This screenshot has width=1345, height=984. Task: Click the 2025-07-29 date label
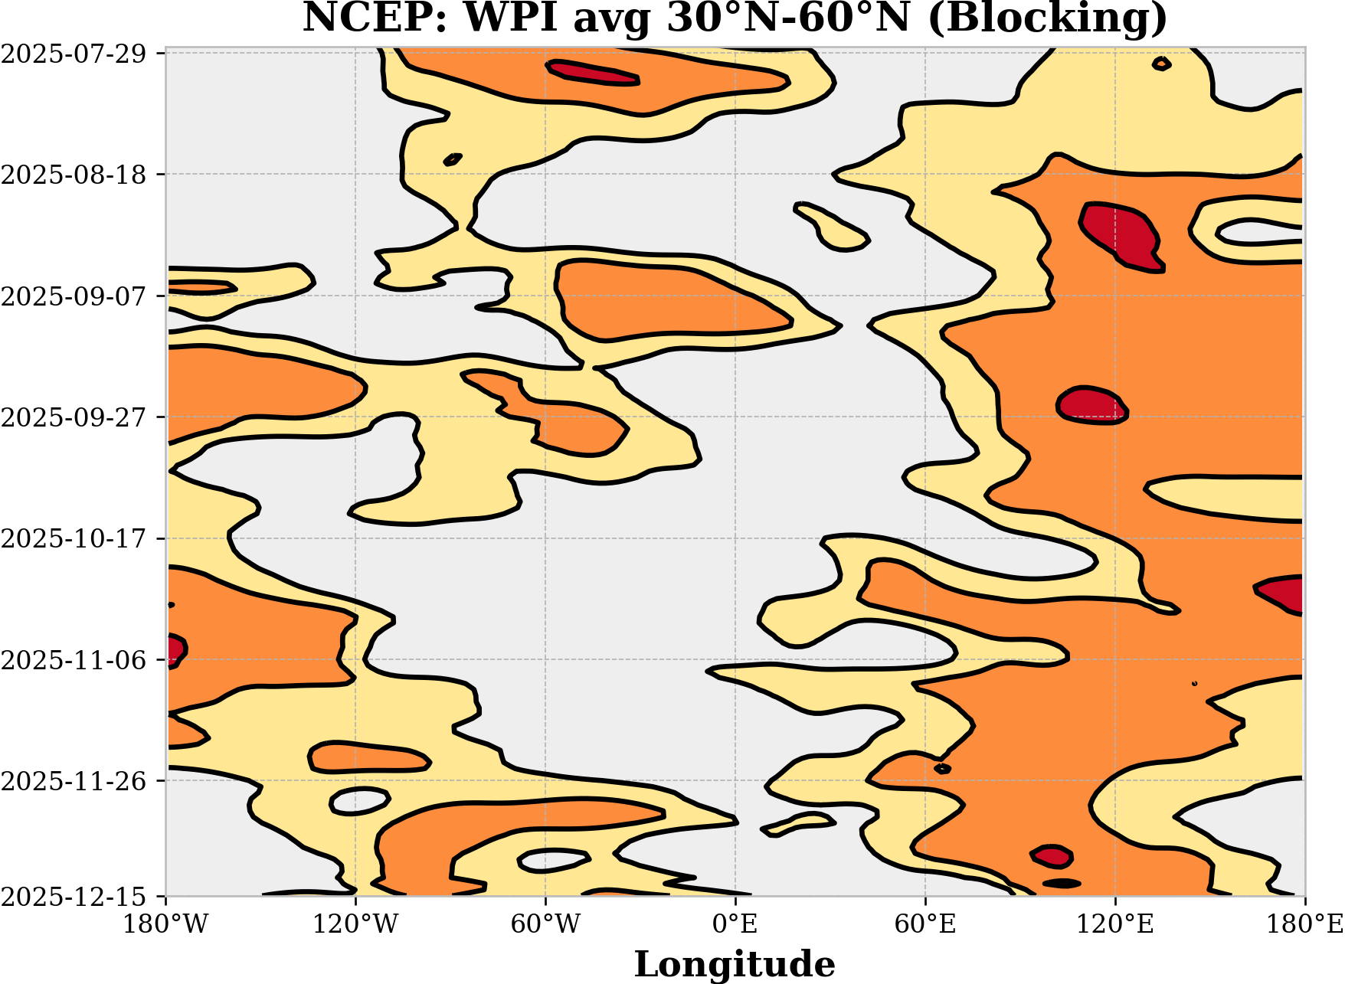point(73,54)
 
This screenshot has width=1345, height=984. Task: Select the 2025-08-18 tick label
point(73,175)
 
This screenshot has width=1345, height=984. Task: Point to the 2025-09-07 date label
point(73,296)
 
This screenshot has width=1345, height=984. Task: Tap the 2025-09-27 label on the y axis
point(73,417)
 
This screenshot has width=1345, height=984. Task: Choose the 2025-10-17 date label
point(73,539)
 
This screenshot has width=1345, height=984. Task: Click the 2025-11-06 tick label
point(73,660)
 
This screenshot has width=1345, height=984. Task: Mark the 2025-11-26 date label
point(73,781)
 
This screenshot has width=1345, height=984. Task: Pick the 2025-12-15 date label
point(73,896)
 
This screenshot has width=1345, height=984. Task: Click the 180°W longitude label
point(166,924)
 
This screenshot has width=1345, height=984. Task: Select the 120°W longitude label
point(355,924)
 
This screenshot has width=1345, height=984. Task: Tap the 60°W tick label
point(545,924)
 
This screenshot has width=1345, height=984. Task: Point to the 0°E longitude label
point(735,924)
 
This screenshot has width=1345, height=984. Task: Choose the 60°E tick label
point(925,924)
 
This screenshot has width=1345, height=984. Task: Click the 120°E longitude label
point(1115,924)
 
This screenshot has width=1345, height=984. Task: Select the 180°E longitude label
point(1304,924)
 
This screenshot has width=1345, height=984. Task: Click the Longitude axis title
point(735,963)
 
